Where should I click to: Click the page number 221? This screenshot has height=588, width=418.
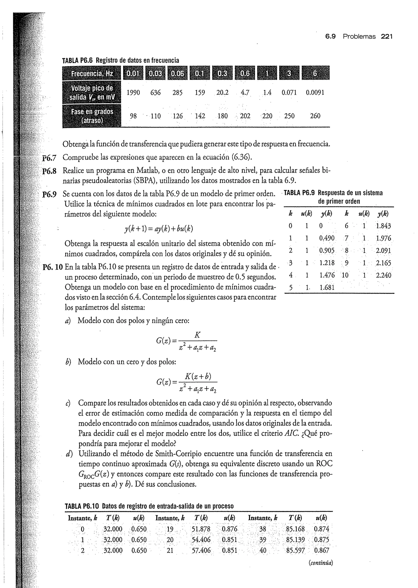click(387, 37)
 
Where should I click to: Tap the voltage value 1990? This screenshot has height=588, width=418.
click(133, 93)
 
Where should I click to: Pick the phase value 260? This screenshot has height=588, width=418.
click(315, 116)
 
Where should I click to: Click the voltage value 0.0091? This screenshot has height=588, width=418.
click(315, 93)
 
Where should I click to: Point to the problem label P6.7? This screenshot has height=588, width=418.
click(49, 158)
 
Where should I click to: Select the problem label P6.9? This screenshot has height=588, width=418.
click(49, 194)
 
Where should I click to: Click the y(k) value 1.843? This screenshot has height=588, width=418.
click(383, 226)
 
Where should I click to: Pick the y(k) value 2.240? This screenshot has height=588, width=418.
click(384, 275)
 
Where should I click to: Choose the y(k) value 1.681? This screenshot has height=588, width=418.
click(327, 287)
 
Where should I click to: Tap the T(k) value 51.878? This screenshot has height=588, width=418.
click(201, 529)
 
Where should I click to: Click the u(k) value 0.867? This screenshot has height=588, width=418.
click(321, 550)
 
